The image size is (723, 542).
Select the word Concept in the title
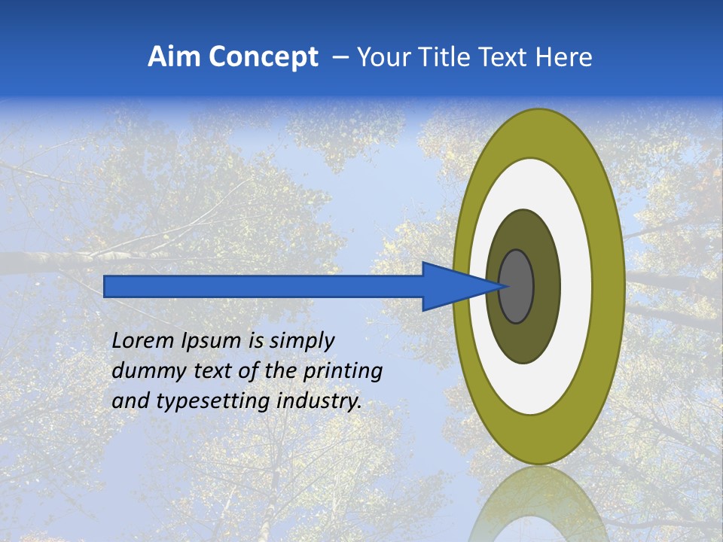tap(264, 57)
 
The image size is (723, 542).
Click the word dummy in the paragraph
tap(141, 370)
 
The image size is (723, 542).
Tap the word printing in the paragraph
tap(342, 370)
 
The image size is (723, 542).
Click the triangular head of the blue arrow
tap(452, 286)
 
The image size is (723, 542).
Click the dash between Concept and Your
tap(340, 57)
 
